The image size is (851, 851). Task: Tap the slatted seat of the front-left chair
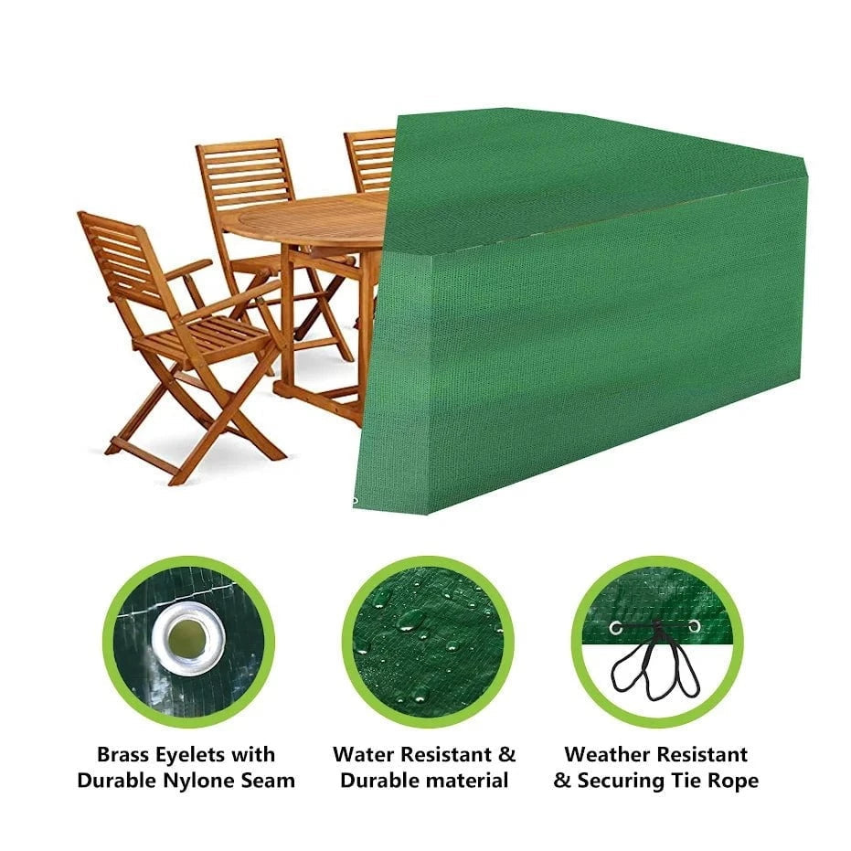(x=210, y=337)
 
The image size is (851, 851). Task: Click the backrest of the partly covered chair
(x=371, y=160)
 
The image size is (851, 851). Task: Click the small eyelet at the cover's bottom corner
(x=355, y=500)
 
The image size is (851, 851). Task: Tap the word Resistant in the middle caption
(x=444, y=755)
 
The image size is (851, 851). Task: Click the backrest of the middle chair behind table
(x=245, y=174)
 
